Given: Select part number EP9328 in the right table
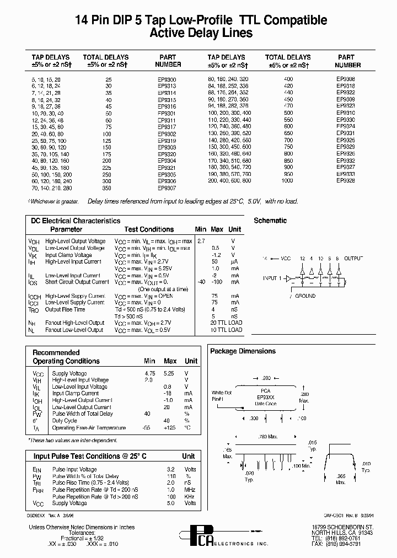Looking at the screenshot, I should point(346,180).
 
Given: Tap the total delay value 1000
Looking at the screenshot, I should point(287,180).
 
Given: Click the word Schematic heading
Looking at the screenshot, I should point(270,221).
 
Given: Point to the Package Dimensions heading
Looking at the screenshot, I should point(243,351).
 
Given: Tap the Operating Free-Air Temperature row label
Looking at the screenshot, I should point(89,428).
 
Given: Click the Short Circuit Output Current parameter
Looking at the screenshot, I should point(77,282).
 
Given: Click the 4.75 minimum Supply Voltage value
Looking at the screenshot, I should point(149,373).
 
